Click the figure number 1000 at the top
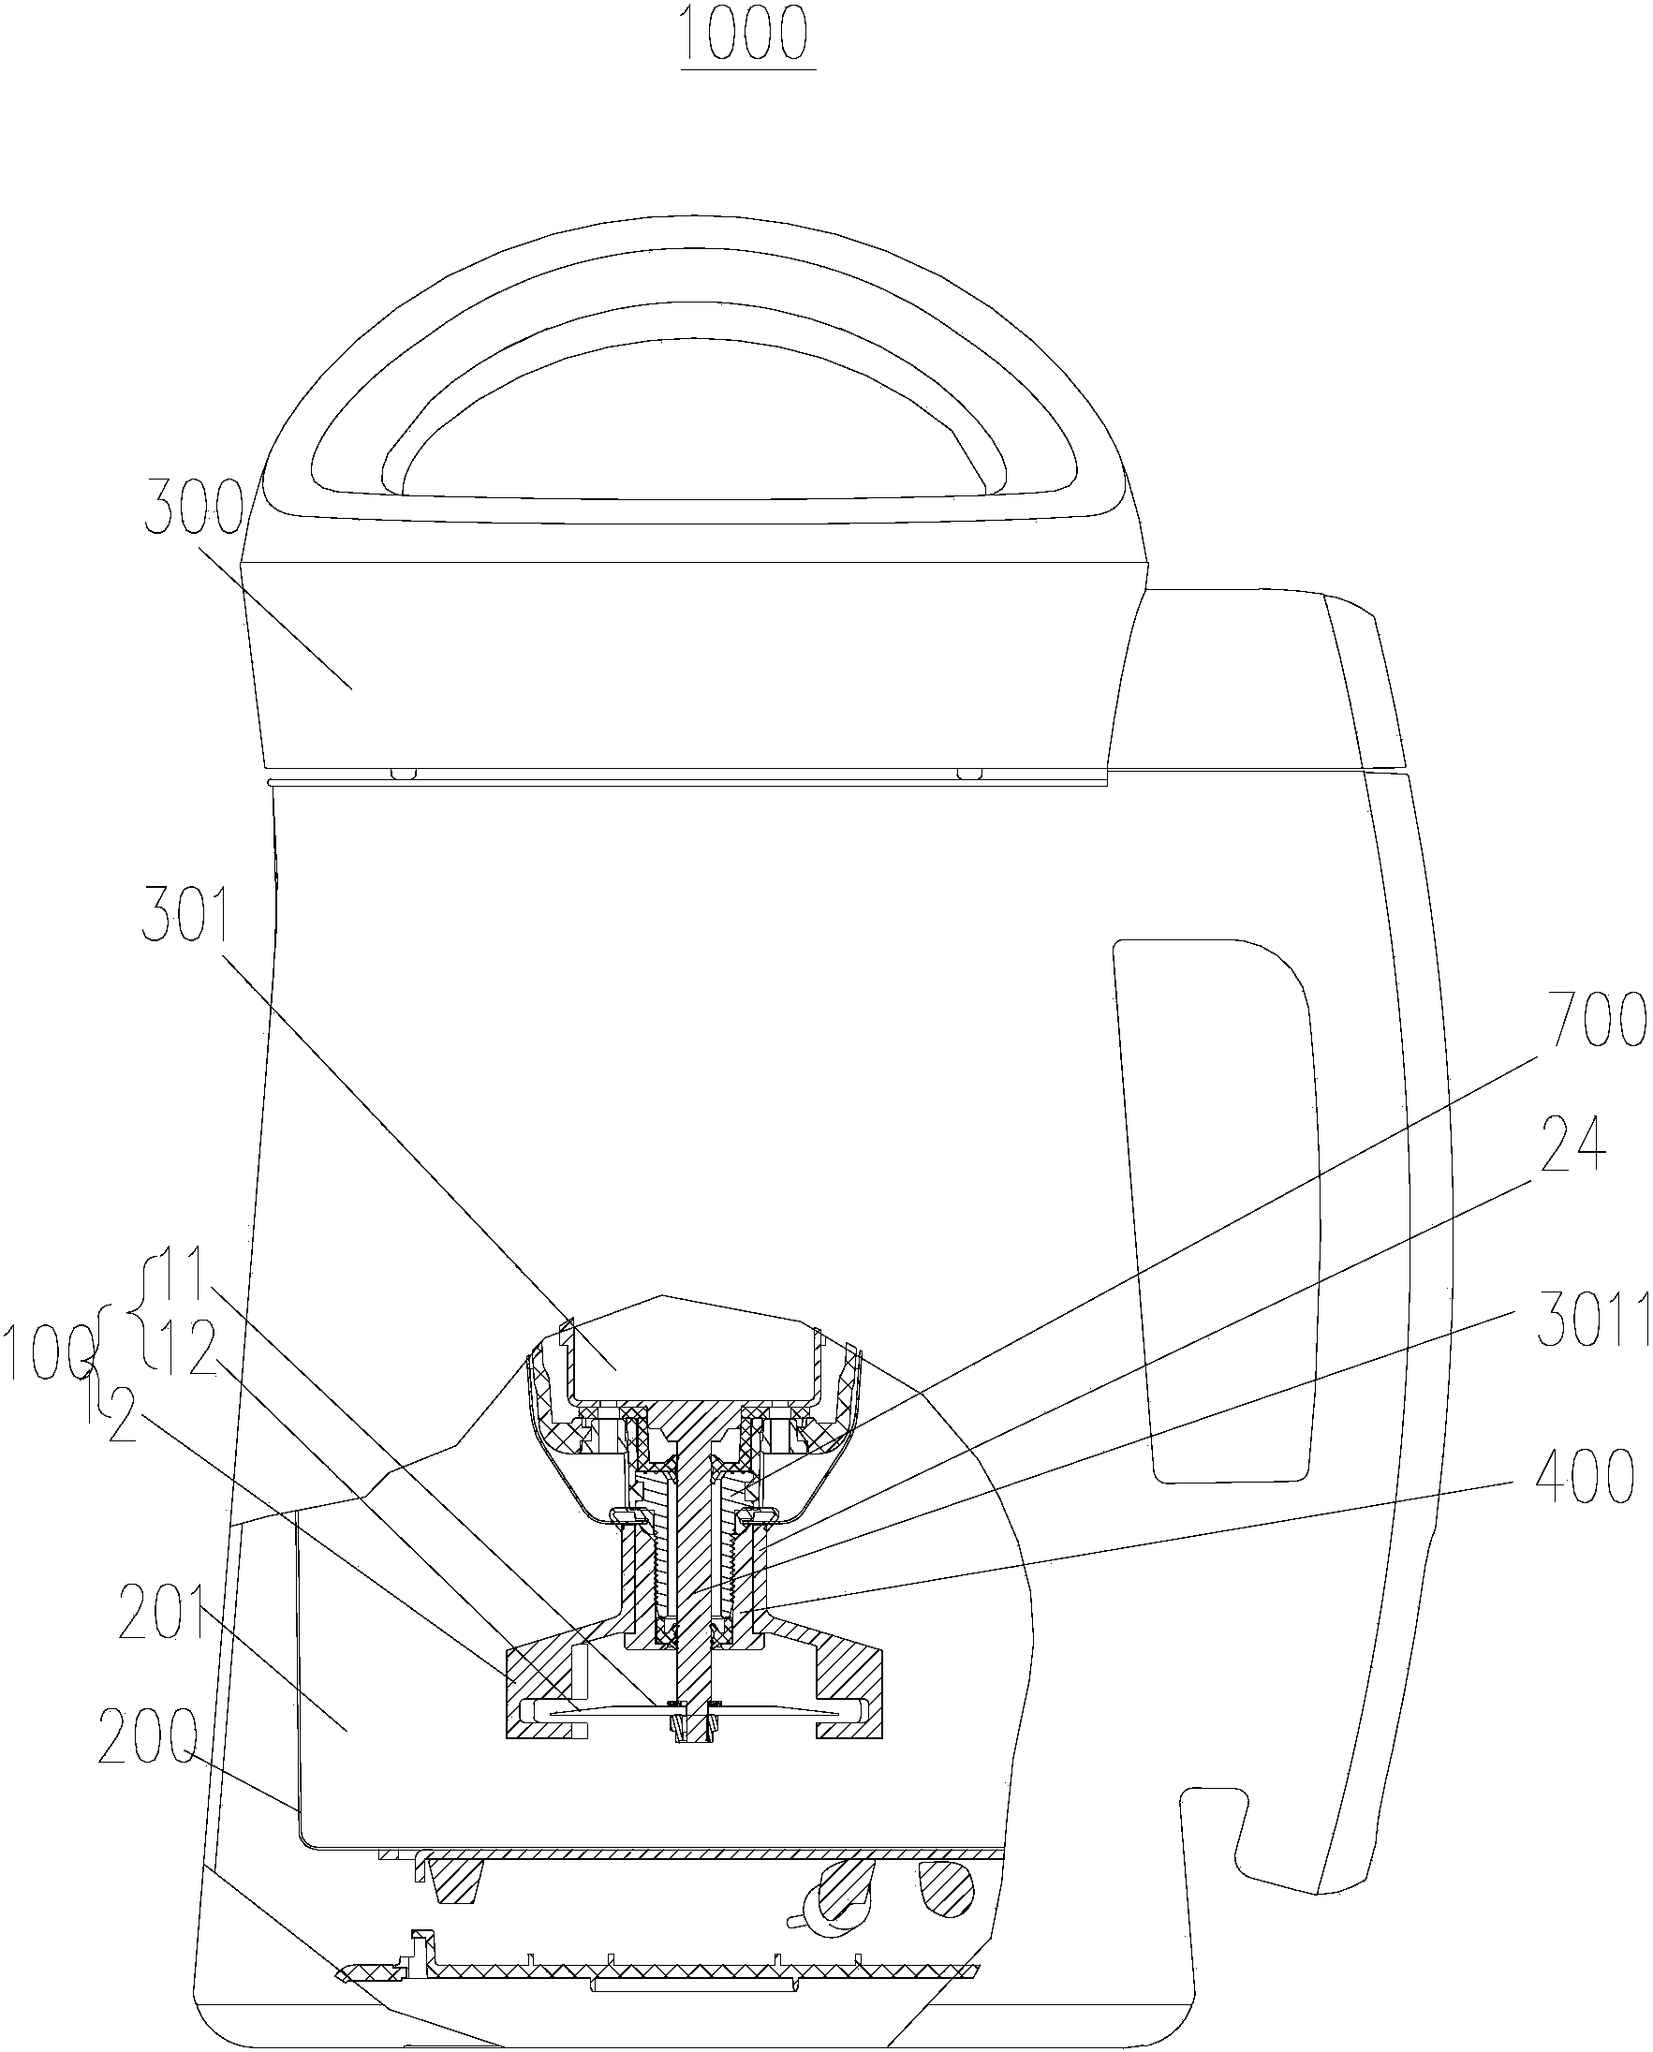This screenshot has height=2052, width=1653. (746, 36)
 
